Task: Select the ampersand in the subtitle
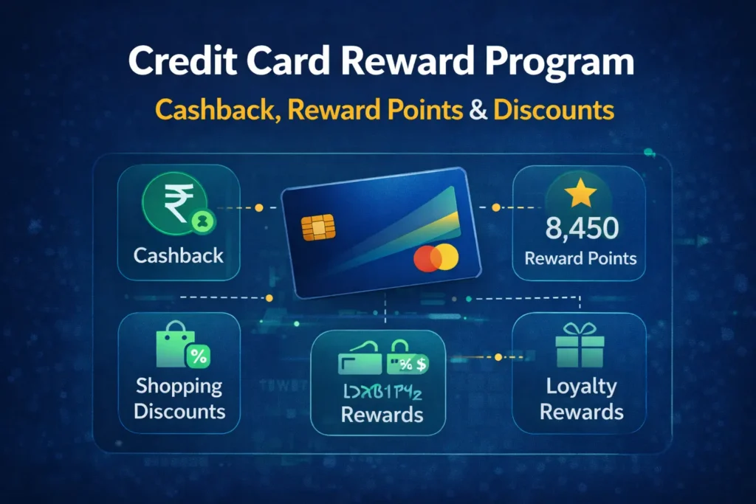pos(478,109)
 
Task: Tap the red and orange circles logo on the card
pos(436,258)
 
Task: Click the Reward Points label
pos(580,259)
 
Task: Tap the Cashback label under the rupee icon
pos(179,256)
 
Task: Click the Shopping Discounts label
pos(179,398)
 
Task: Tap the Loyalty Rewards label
pos(581,398)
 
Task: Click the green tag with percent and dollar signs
pos(408,362)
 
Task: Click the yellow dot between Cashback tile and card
pos(259,209)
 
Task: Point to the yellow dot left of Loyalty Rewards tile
pos(498,357)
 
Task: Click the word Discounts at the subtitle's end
pos(554,109)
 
